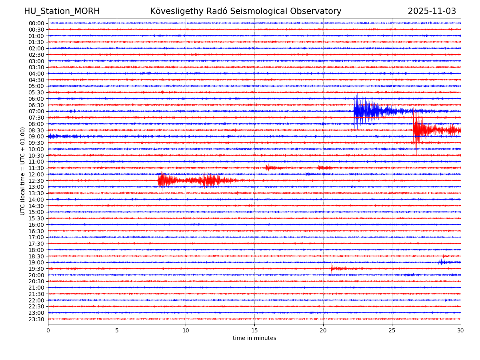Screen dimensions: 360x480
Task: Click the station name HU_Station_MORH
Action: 62,11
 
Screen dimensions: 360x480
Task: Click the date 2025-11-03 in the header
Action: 432,11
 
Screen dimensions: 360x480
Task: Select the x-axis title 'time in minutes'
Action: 254,338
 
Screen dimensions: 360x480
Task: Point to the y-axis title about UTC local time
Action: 23,171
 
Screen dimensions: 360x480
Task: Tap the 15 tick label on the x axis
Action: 254,330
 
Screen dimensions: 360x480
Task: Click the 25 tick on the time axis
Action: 392,330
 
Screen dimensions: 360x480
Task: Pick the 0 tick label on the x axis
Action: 48,330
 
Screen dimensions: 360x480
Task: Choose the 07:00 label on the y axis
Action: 36,111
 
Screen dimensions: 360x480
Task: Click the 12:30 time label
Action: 36,181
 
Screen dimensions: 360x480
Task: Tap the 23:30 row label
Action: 36,319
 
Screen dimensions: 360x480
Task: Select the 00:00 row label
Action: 36,23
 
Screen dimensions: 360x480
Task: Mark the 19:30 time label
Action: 36,269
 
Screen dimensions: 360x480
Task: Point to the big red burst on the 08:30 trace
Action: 418,130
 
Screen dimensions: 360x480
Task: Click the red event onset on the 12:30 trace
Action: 160,180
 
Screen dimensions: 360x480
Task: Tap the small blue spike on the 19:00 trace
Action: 440,262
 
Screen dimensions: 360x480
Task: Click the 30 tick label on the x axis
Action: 461,330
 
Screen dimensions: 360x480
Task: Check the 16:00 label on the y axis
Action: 36,225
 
